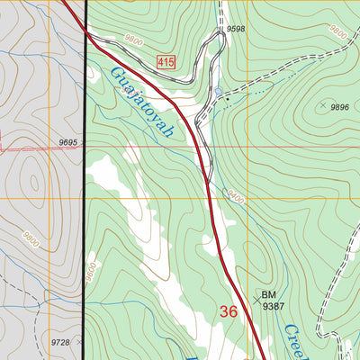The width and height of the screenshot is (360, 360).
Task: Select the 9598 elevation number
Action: coord(236,29)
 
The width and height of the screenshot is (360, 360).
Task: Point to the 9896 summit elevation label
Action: coord(339,107)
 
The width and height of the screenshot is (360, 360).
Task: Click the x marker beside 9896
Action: coord(321,105)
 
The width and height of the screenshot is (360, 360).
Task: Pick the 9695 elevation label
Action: coord(69,143)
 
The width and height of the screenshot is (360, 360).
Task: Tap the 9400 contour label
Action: coord(235,193)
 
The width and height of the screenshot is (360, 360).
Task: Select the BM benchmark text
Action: coord(269,294)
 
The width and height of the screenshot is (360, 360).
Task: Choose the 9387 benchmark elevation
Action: coord(273,307)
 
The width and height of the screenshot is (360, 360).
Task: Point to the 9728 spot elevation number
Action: coord(60,343)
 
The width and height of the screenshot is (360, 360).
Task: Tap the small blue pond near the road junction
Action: coord(218,92)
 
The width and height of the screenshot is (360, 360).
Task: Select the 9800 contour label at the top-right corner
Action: coord(338,31)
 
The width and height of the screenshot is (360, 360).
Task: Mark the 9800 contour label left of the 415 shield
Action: coord(134,40)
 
